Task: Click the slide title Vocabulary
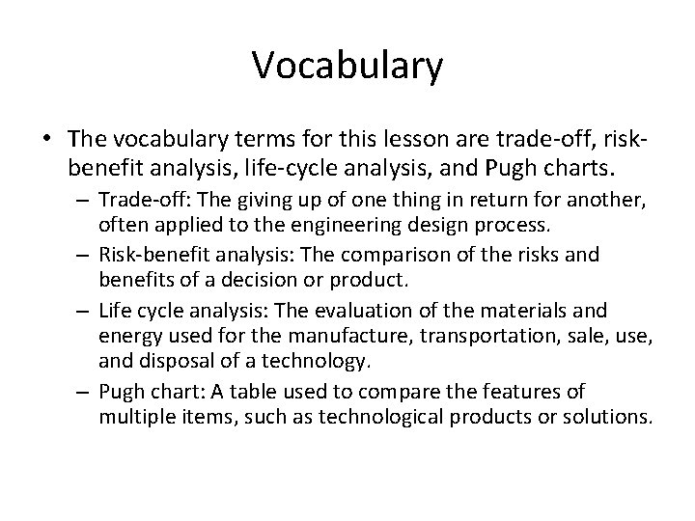[347, 67]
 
